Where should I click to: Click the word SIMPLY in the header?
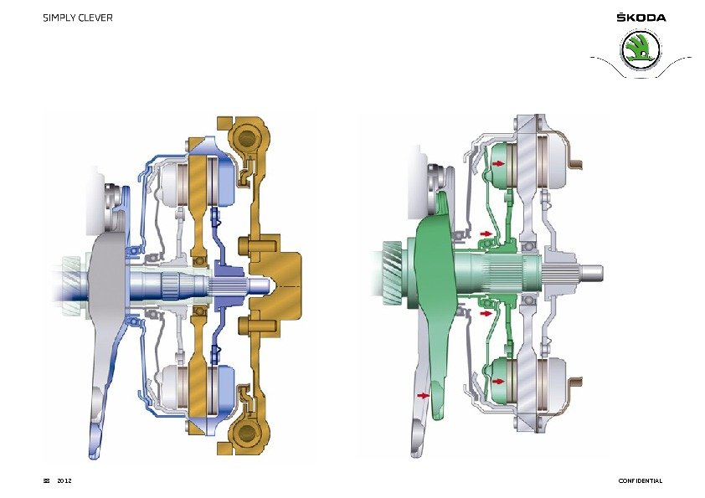click(59, 18)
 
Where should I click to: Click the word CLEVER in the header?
click(95, 18)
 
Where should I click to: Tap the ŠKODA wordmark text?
click(641, 18)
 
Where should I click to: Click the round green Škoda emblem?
click(641, 50)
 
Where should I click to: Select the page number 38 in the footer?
click(46, 480)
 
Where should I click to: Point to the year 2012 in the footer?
click(64, 480)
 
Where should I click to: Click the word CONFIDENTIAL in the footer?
click(641, 480)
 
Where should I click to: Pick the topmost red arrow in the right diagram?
click(498, 163)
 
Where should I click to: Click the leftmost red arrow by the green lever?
click(424, 396)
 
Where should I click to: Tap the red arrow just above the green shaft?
click(486, 234)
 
